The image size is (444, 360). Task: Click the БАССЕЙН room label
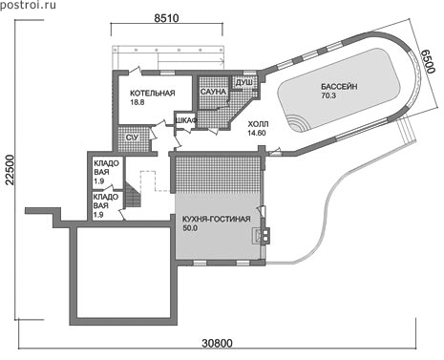tap(339, 87)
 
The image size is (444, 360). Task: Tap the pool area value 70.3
tap(328, 95)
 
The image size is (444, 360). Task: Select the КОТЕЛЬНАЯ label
tap(153, 94)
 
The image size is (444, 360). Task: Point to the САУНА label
tap(213, 92)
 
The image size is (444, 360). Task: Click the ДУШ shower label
tap(244, 82)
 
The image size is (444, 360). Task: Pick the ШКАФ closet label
tap(186, 120)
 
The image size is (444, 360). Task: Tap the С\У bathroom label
tap(133, 138)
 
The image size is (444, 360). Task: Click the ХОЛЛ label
tap(258, 124)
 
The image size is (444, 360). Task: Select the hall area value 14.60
tap(257, 133)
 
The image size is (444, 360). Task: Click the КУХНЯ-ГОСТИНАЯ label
tap(216, 220)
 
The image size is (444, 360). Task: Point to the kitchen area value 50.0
tap(190, 228)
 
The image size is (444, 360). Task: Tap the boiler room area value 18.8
tap(137, 102)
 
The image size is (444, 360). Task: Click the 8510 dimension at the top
tap(166, 18)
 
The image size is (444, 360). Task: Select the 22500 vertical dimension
tap(11, 170)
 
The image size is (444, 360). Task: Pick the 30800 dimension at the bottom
tap(218, 344)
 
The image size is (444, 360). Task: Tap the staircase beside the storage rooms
tap(133, 195)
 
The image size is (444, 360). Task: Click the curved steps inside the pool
tap(299, 124)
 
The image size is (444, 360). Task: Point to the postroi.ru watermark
tap(28, 5)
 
